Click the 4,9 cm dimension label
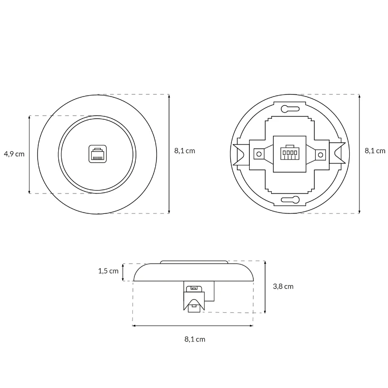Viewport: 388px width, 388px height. click(14, 154)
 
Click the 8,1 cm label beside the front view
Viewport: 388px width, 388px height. click(185, 151)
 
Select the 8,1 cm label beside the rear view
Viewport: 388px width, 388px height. click(375, 151)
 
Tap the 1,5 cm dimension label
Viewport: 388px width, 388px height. click(108, 271)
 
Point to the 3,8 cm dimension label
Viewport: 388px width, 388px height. click(283, 286)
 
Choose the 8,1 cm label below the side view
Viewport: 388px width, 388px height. click(195, 339)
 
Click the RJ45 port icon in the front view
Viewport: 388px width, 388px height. click(98, 154)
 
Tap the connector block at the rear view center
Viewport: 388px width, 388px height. click(290, 154)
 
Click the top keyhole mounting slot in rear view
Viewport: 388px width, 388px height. click(290, 108)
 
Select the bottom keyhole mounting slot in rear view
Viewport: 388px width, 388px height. click(290, 199)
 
